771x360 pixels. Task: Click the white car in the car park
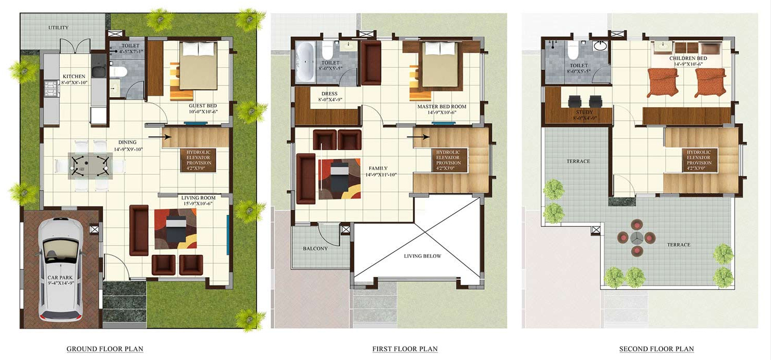(x=61, y=269)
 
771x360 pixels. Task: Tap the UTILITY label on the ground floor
(x=59, y=28)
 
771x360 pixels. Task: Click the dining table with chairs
(x=90, y=165)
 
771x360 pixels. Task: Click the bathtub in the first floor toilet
(x=305, y=62)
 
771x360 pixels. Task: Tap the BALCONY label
(x=316, y=249)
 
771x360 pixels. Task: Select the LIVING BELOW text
(x=422, y=256)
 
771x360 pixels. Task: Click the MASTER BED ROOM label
(x=442, y=107)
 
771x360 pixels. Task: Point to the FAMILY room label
(x=378, y=169)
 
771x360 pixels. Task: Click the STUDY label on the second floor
(x=584, y=112)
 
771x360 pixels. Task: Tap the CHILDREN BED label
(x=688, y=59)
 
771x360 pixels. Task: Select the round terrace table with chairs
(x=636, y=238)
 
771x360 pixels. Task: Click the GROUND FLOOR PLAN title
(x=105, y=349)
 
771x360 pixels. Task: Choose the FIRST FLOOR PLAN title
(x=405, y=349)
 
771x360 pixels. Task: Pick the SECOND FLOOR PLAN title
(x=656, y=349)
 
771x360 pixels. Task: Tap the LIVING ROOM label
(x=198, y=197)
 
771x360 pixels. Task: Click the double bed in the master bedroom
(x=439, y=65)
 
